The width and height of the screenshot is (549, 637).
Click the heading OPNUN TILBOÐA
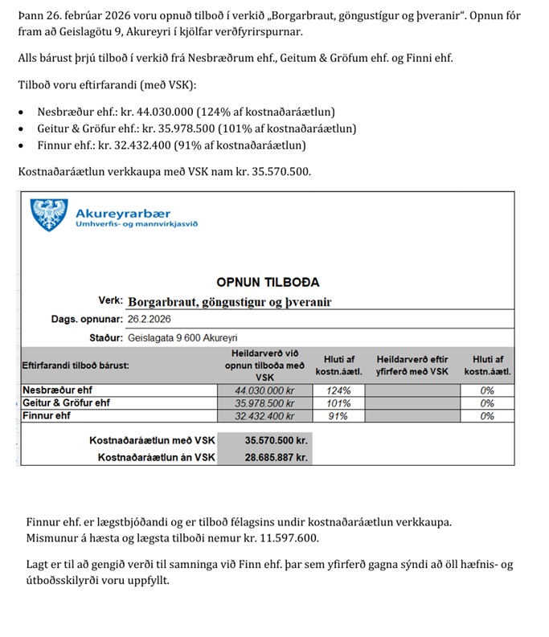pyautogui.click(x=268, y=282)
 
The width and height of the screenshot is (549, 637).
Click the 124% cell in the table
pyautogui.click(x=338, y=390)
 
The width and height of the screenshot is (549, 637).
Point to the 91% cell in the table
pyautogui.click(x=338, y=416)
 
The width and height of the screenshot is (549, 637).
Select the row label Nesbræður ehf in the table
pyautogui.click(x=57, y=390)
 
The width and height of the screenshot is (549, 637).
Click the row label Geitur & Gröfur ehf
pyautogui.click(x=67, y=403)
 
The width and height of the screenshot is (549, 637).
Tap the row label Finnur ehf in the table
pyautogui.click(x=47, y=416)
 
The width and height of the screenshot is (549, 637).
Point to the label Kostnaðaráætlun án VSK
pyautogui.click(x=157, y=457)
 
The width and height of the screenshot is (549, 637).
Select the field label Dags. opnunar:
pyautogui.click(x=87, y=319)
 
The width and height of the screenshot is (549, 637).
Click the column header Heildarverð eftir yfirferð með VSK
pyautogui.click(x=412, y=365)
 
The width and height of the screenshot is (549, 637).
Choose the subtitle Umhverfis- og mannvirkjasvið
pyautogui.click(x=136, y=224)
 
